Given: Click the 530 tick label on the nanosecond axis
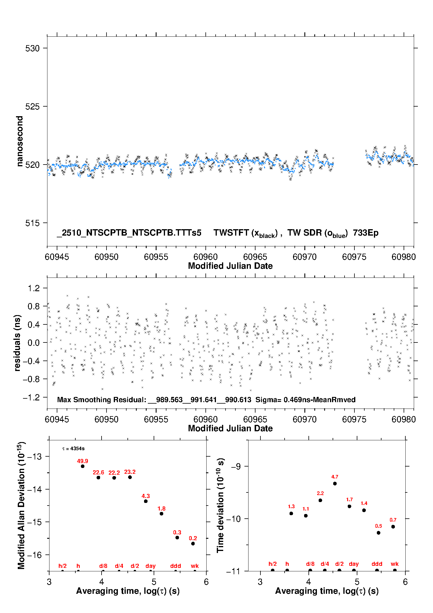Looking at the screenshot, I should tap(32, 48).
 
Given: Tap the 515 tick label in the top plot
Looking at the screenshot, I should tap(32, 223).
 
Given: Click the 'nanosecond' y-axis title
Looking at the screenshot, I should tap(20, 141).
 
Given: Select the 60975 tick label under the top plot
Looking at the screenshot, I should tap(354, 257).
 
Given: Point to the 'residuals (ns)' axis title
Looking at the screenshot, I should tap(17, 343).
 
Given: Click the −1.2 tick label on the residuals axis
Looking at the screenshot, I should tap(31, 398).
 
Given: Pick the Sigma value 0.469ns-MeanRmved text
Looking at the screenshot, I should tap(305, 400).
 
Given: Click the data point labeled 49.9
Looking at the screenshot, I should tap(83, 466).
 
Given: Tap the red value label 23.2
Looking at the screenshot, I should tap(130, 472).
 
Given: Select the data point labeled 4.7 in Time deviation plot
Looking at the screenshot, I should tap(335, 483).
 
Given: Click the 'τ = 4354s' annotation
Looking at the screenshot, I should tap(73, 449).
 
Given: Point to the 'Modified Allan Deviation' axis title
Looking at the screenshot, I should tap(21, 505).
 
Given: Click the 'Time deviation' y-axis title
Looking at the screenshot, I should tap(220, 505).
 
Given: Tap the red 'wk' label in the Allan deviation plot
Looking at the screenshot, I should tap(195, 566).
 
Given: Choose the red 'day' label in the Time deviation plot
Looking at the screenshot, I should tap(354, 564).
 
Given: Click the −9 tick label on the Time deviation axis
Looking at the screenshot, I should tap(236, 467).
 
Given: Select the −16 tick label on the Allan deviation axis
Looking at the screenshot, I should tap(34, 555).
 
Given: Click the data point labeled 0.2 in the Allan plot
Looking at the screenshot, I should tap(193, 543).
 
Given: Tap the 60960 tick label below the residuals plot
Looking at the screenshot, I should tap(205, 419).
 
